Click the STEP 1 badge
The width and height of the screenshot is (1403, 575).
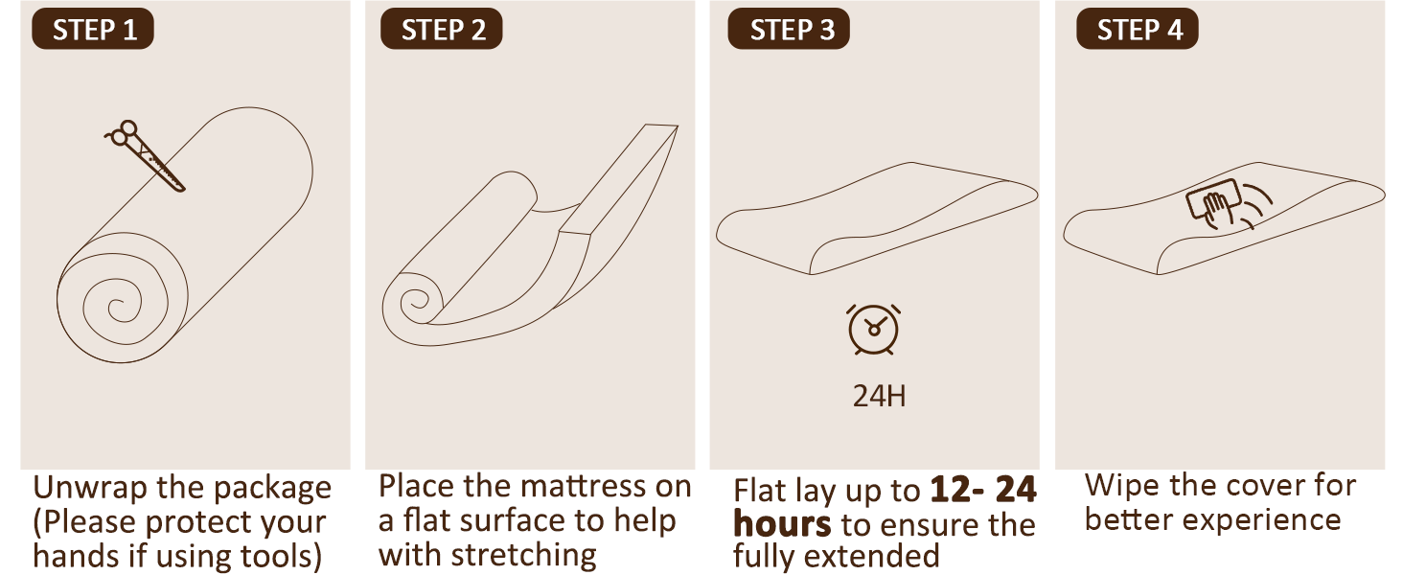click(x=93, y=30)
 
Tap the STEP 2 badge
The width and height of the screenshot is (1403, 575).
click(x=442, y=30)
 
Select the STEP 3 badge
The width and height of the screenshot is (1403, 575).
click(x=789, y=30)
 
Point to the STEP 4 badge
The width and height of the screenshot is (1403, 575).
click(x=1138, y=30)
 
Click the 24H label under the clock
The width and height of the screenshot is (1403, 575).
click(x=879, y=396)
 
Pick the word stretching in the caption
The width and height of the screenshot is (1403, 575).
click(x=523, y=555)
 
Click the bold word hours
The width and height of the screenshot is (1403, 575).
click(x=782, y=525)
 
